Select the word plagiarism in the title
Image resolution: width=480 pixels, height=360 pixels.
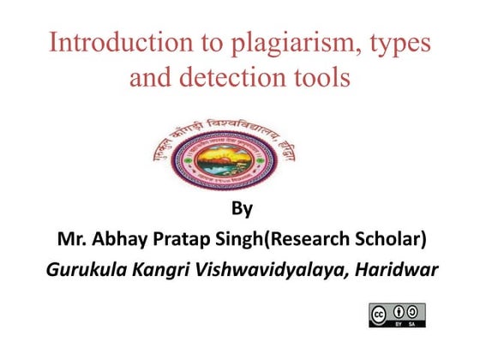tap(267, 44)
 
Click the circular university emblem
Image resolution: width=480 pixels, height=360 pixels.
tap(240, 153)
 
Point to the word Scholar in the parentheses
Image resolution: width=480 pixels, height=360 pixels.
tap(381, 238)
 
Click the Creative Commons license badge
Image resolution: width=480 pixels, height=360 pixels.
tap(397, 315)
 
